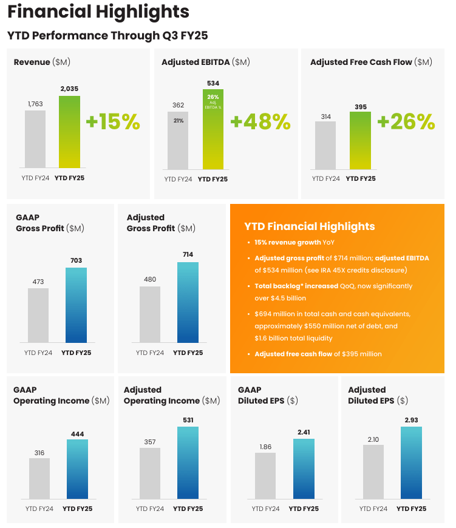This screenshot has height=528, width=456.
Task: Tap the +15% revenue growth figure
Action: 113,122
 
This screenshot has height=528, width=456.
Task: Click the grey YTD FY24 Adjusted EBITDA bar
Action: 178,140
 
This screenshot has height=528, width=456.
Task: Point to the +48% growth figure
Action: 260,122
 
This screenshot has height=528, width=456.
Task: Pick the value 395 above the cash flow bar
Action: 360,107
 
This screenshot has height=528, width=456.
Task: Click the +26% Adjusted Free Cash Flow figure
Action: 406,122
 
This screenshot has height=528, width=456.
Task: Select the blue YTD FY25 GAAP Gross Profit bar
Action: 77,305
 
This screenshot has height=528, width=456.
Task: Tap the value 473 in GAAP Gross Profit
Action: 38,281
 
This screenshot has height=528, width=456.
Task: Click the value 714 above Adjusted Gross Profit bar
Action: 188,254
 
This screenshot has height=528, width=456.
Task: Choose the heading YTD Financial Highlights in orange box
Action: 310,226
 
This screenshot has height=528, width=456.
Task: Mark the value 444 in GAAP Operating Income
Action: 77,434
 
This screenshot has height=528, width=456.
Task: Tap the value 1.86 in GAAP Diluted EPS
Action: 265,446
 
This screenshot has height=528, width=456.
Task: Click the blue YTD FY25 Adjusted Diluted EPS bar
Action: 411,462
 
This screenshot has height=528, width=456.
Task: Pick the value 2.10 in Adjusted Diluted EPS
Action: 373,439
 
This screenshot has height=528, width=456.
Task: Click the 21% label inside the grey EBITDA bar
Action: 178,121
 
